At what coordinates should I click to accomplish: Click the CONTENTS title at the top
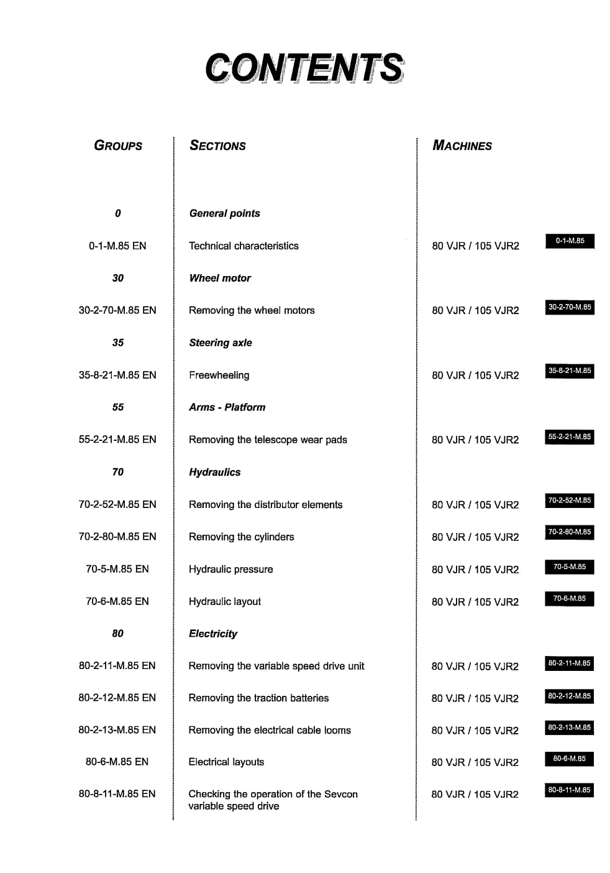[304, 68]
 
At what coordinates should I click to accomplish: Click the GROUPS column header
[118, 145]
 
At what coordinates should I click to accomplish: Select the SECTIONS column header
[217, 145]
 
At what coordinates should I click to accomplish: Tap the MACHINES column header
[462, 145]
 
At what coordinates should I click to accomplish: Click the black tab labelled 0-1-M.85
[570, 241]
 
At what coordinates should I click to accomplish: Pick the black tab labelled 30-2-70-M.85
[570, 307]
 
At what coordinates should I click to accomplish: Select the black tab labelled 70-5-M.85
[570, 566]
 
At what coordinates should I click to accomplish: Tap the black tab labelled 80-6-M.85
[570, 759]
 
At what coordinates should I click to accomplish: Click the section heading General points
[224, 213]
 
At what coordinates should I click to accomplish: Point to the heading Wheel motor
[220, 278]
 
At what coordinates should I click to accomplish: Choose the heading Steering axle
[221, 343]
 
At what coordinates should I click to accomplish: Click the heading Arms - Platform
[227, 407]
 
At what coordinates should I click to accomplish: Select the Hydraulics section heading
[214, 472]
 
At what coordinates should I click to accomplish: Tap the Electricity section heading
[213, 634]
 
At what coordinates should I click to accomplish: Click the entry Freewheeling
[219, 375]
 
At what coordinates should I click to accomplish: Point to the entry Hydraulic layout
[225, 601]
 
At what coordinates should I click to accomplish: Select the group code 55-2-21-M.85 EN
[117, 440]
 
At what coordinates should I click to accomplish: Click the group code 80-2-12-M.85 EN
[117, 698]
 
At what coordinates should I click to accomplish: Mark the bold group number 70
[118, 472]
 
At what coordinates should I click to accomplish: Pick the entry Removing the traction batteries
[258, 698]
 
